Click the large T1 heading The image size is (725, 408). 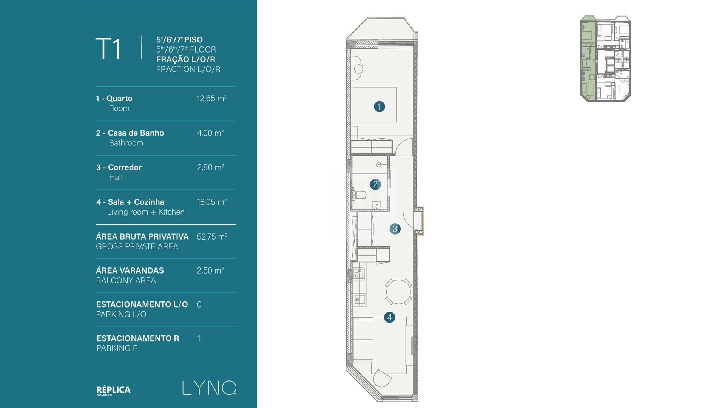(108, 48)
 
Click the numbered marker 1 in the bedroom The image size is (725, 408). (379, 107)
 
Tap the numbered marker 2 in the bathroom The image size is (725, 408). (375, 184)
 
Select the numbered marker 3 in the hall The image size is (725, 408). (395, 229)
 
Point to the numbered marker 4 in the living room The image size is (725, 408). (390, 317)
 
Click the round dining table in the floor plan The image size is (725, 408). (398, 292)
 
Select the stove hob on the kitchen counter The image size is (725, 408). (359, 273)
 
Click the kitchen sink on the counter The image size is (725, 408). (359, 300)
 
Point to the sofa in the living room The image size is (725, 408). (363, 340)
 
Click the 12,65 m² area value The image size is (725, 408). (211, 99)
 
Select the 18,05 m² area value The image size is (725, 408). (211, 202)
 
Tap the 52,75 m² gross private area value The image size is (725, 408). (212, 236)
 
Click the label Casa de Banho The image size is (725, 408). (136, 133)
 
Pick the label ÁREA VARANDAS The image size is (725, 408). (130, 270)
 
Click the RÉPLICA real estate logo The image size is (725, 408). (113, 391)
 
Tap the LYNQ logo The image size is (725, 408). (209, 388)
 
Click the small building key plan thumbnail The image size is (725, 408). (605, 59)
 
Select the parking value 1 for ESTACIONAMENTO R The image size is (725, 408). (199, 338)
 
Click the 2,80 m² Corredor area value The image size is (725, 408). (210, 167)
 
